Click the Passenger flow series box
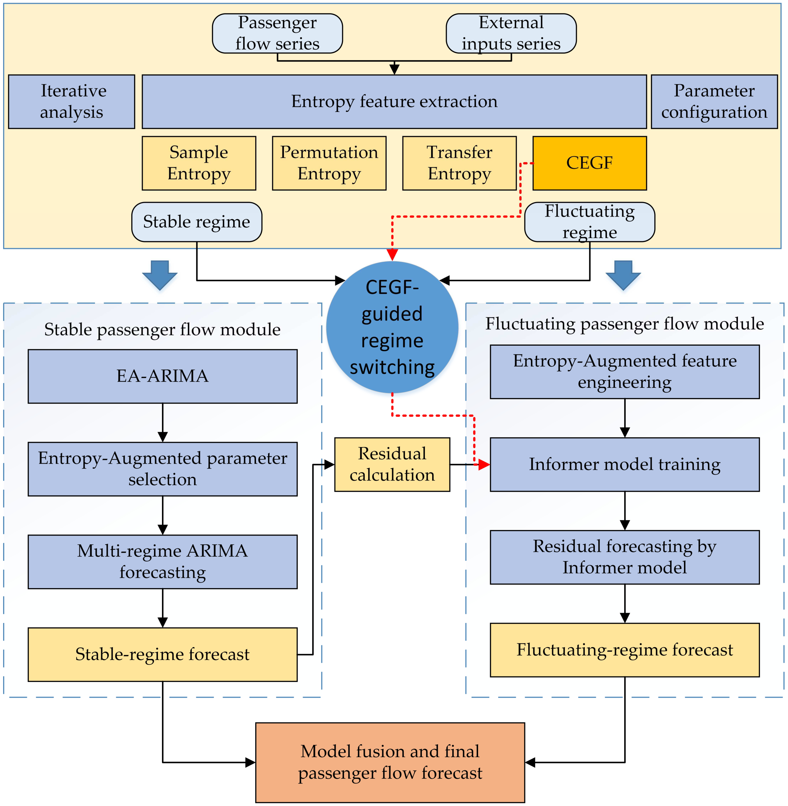pyautogui.click(x=277, y=33)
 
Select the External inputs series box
pyautogui.click(x=511, y=33)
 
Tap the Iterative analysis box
pyautogui.click(x=72, y=102)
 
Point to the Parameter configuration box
pyautogui.click(x=714, y=102)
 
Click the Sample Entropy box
pyautogui.click(x=199, y=163)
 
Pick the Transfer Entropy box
pyautogui.click(x=459, y=163)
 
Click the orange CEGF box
pyautogui.click(x=590, y=163)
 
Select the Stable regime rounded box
pyautogui.click(x=197, y=222)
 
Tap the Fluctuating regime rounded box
pyautogui.click(x=590, y=222)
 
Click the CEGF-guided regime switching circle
pyautogui.click(x=392, y=327)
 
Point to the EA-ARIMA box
pyautogui.click(x=163, y=376)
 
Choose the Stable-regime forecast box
pyautogui.click(x=163, y=654)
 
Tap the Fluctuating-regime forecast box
pyautogui.click(x=625, y=650)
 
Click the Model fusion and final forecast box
pyautogui.click(x=390, y=762)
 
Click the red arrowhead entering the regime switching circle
pyautogui.click(x=392, y=255)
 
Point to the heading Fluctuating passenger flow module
pyautogui.click(x=625, y=324)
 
